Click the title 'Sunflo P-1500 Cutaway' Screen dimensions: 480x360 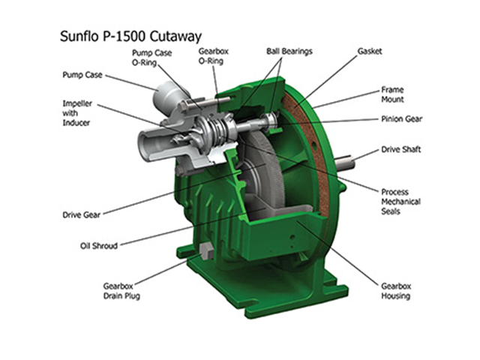click(130, 37)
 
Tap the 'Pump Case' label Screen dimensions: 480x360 click(82, 75)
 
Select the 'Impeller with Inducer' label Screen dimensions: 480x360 click(77, 113)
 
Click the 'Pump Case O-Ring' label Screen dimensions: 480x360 click(151, 58)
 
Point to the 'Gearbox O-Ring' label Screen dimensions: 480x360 click(214, 56)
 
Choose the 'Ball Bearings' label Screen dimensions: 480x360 click(289, 51)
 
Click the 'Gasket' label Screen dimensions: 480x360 click(370, 51)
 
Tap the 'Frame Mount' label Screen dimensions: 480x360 click(392, 94)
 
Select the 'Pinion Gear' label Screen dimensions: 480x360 click(402, 118)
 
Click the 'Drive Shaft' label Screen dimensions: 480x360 click(401, 149)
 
